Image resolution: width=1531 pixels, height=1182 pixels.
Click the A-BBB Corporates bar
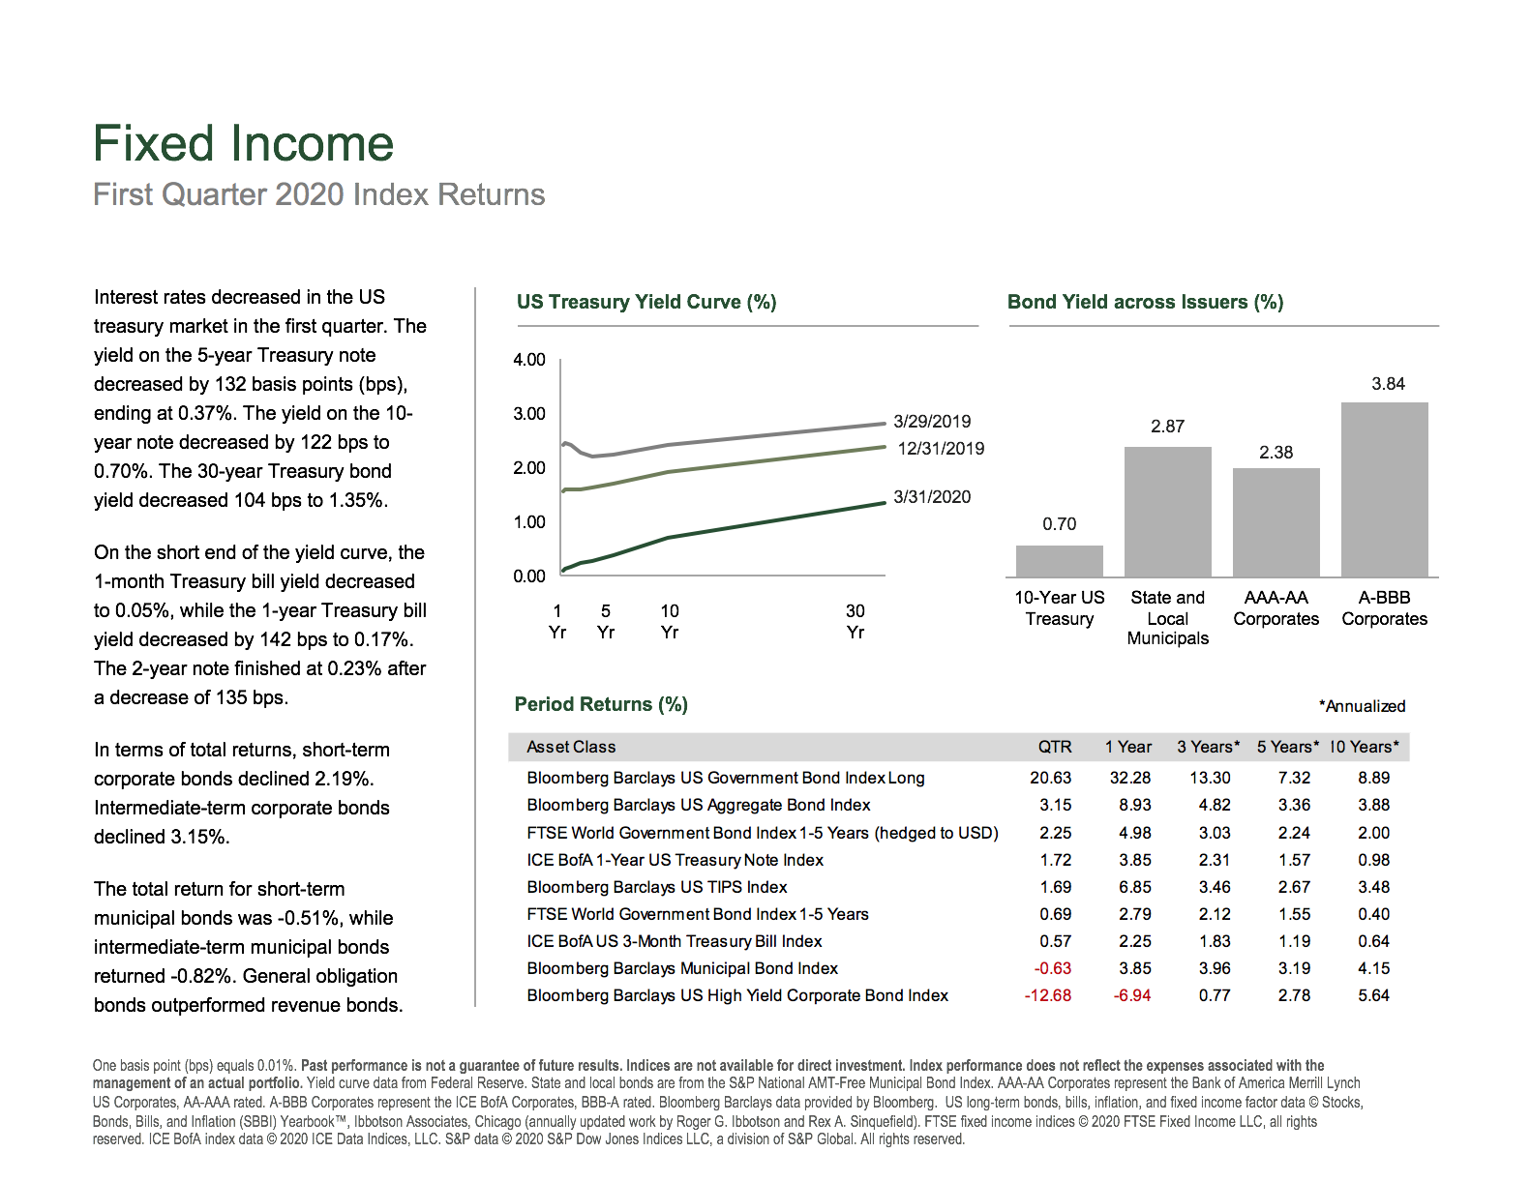pos(1384,489)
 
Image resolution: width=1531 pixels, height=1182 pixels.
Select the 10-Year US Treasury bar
pos(1059,561)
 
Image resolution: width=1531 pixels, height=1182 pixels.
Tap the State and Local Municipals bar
pos(1167,512)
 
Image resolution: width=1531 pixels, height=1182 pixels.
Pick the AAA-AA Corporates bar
pos(1276,522)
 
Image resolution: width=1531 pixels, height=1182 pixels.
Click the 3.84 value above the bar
pos(1388,384)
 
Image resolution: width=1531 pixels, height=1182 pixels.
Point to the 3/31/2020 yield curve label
pos(931,497)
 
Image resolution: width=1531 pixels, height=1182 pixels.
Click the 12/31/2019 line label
pos(941,449)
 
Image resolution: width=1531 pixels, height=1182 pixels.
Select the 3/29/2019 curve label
pos(931,421)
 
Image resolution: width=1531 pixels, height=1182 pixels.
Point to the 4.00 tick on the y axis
pos(529,360)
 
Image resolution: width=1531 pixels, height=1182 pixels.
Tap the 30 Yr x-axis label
pos(855,621)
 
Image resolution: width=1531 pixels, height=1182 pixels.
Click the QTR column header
pos(1054,747)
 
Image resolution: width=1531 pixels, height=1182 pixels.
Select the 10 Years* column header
pos(1364,747)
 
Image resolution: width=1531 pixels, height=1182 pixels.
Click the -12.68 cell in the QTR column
pos(1048,995)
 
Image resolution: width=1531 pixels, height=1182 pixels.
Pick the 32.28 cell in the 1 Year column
pos(1130,778)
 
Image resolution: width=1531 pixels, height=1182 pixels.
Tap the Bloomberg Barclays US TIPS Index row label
pos(657,887)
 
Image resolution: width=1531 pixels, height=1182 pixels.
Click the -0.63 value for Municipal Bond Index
pos(1053,968)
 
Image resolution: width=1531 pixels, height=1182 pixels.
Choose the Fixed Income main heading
pos(243,143)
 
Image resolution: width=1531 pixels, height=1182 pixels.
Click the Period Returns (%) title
pos(601,705)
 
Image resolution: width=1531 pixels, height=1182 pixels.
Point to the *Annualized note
pos(1362,706)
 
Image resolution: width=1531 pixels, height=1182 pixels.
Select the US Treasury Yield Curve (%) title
pos(646,302)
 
